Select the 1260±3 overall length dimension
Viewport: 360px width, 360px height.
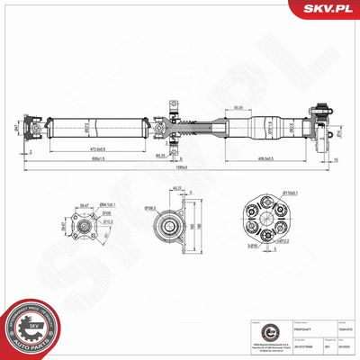(x=183, y=167)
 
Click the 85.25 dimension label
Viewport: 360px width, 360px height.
(x=160, y=155)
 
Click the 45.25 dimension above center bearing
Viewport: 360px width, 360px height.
(x=176, y=188)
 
